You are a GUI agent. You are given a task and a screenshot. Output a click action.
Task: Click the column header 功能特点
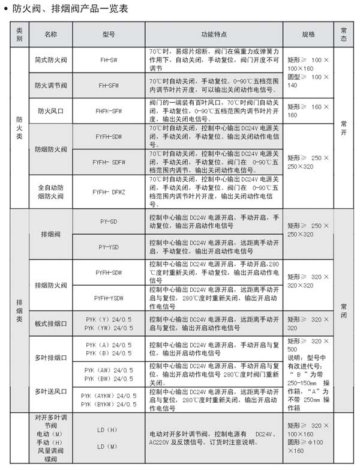214,34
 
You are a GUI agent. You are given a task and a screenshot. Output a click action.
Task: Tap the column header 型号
109,34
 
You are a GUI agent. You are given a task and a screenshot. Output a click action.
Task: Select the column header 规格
308,34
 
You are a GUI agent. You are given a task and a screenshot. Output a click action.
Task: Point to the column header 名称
50,34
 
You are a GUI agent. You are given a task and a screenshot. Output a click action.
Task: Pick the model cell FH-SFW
109,85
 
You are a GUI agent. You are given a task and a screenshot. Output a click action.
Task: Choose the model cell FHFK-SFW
109,111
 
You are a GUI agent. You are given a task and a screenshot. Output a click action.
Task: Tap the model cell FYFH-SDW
109,137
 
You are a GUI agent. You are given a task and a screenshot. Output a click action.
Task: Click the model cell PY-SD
109,221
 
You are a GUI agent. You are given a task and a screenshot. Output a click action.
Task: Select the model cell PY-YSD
109,247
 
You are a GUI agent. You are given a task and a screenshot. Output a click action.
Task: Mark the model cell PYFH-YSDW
109,298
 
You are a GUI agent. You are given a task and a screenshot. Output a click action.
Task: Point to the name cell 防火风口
50,111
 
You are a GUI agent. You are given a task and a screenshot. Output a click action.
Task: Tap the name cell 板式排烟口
50,324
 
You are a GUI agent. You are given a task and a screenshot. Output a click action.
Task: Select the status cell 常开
344,128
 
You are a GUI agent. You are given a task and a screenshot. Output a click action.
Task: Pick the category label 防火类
20,128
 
